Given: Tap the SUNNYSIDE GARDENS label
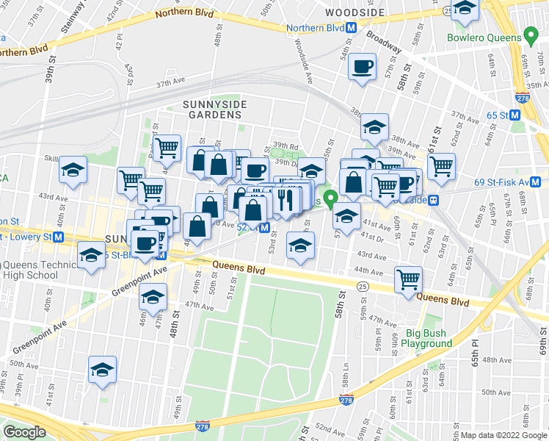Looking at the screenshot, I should (x=212, y=110).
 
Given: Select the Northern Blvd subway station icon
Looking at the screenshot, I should (x=352, y=27).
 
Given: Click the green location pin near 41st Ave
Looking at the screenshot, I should (x=331, y=198).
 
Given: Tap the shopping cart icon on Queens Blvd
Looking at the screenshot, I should (x=408, y=279).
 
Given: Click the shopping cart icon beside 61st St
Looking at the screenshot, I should (x=441, y=166).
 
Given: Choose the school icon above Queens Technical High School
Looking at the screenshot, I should (x=91, y=257).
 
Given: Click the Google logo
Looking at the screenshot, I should (x=24, y=432).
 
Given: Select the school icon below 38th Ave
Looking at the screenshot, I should (x=374, y=128).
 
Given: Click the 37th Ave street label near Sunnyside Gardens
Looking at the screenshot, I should (x=167, y=84).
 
